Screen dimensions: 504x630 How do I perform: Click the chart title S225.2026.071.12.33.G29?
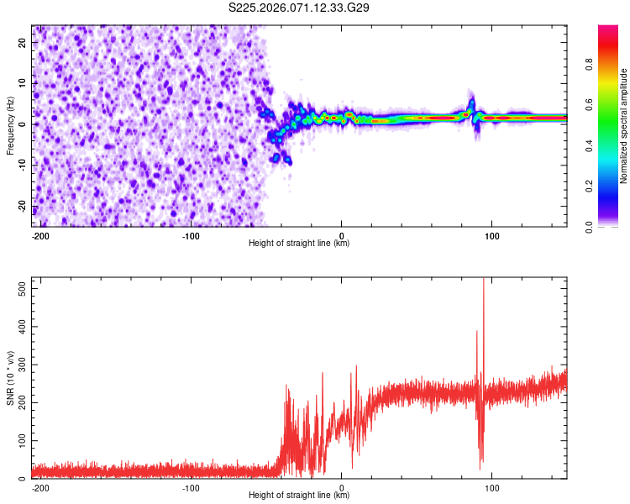300,8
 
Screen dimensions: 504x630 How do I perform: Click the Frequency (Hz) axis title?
10,125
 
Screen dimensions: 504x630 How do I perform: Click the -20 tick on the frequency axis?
24,206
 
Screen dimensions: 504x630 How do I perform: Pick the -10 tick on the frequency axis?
24,165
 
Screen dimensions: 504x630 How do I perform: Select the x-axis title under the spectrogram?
299,244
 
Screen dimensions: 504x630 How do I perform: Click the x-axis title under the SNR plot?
299,496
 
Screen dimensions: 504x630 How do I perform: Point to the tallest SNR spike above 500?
483,281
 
